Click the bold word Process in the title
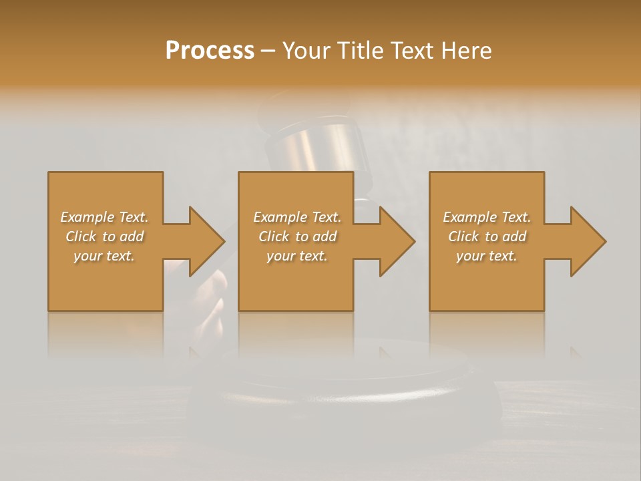[210, 51]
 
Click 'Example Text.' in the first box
[104, 217]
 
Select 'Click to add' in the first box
[104, 236]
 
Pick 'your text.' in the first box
[104, 256]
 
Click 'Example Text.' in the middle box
[297, 217]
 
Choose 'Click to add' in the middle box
[297, 236]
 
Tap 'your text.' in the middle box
[297, 256]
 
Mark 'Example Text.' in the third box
[487, 217]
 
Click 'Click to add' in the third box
[487, 236]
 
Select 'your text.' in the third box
[487, 256]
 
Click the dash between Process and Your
[268, 51]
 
